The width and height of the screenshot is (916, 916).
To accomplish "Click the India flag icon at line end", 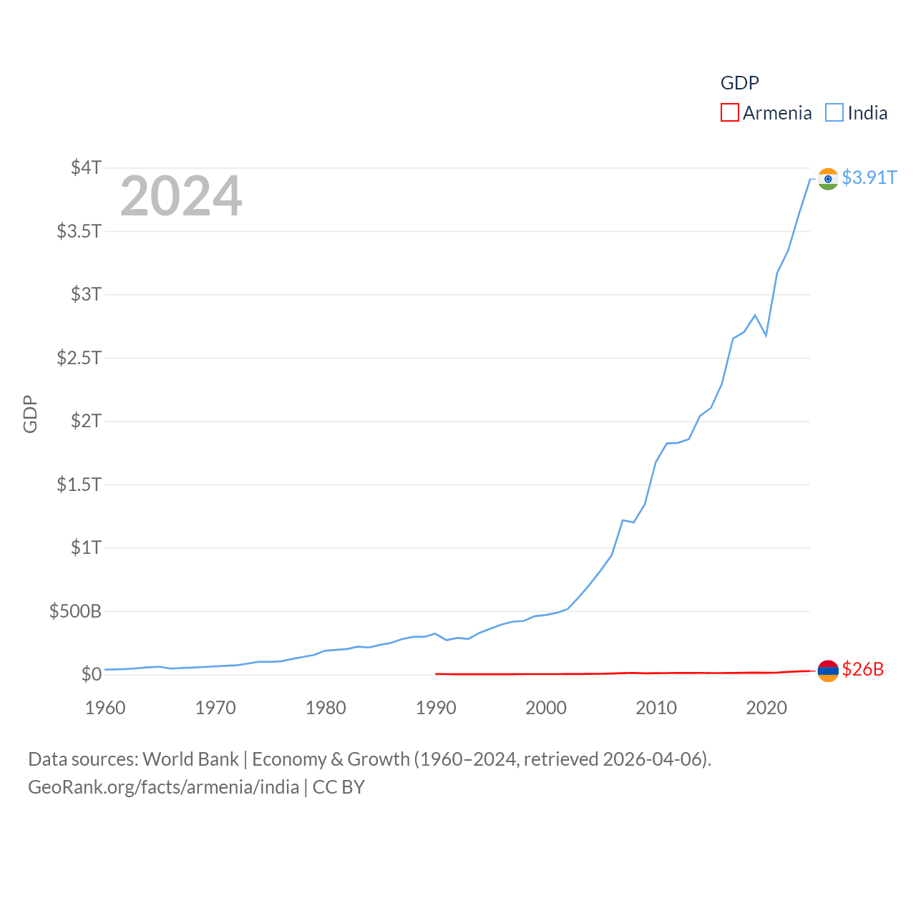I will (828, 178).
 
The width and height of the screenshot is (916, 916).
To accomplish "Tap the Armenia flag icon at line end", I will (828, 671).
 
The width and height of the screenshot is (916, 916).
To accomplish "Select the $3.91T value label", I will (869, 177).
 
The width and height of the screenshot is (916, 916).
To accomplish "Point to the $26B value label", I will (862, 669).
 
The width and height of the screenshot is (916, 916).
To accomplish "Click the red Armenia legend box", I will (729, 112).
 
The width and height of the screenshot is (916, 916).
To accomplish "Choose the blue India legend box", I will (834, 112).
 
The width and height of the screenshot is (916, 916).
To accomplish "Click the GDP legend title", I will (739, 83).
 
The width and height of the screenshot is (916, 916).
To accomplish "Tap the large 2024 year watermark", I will (181, 196).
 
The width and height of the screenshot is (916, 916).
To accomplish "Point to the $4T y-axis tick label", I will (86, 167).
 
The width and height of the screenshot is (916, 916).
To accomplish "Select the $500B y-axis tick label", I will (75, 611).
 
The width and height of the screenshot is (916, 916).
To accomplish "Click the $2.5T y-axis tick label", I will (79, 357).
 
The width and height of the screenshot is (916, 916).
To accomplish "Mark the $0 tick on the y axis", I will (91, 674).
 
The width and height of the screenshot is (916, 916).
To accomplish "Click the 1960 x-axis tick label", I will (105, 708).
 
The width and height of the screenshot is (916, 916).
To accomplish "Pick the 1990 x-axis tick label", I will (436, 708).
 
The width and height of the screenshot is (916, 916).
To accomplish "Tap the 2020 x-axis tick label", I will (766, 708).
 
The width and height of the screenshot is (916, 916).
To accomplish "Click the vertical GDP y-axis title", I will (30, 414).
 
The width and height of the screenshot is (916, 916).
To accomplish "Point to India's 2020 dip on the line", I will (766, 335).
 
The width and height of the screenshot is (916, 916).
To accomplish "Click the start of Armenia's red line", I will (437, 673).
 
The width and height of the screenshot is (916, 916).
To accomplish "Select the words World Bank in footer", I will (190, 759).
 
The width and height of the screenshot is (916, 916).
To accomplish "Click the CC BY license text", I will (338, 787).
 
